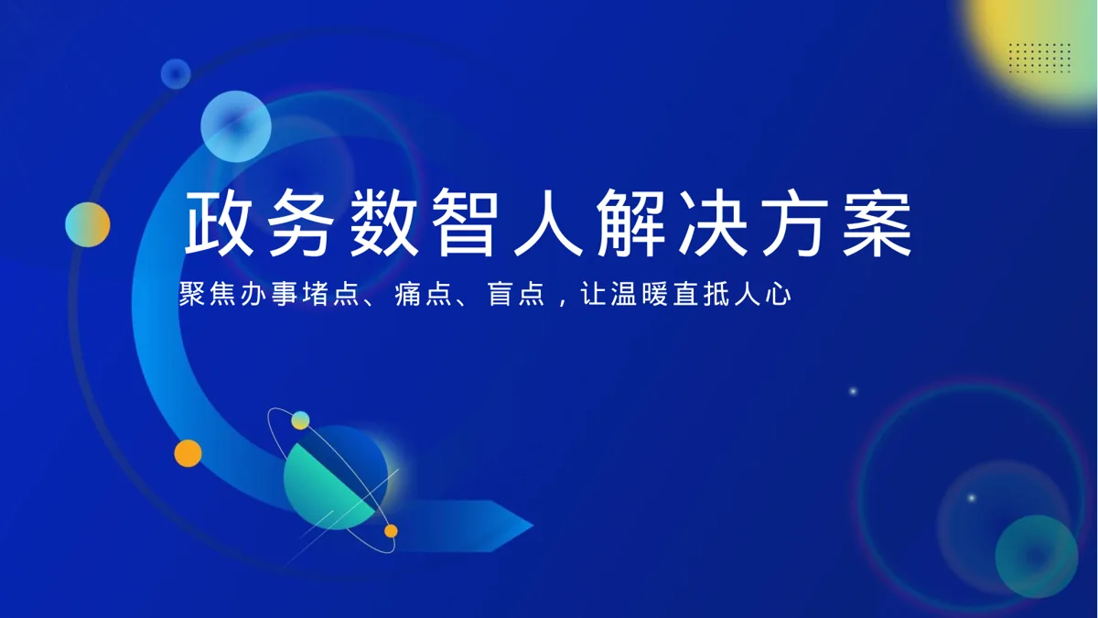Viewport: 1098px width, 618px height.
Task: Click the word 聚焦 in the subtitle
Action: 209,294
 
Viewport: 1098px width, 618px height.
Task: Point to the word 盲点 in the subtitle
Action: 516,294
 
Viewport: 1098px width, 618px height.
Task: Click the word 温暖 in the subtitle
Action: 640,294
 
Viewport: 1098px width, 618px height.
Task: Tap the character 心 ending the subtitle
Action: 778,294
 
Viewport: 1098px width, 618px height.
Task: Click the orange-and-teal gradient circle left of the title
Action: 88,224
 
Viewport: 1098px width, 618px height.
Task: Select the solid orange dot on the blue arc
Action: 188,453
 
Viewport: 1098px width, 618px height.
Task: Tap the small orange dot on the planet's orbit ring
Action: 391,531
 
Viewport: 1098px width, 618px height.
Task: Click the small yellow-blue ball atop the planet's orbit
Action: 300,420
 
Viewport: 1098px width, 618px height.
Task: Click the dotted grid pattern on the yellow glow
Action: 1039,58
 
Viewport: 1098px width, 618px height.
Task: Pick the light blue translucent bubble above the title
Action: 236,126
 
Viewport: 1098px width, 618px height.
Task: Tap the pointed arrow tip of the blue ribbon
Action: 533,526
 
